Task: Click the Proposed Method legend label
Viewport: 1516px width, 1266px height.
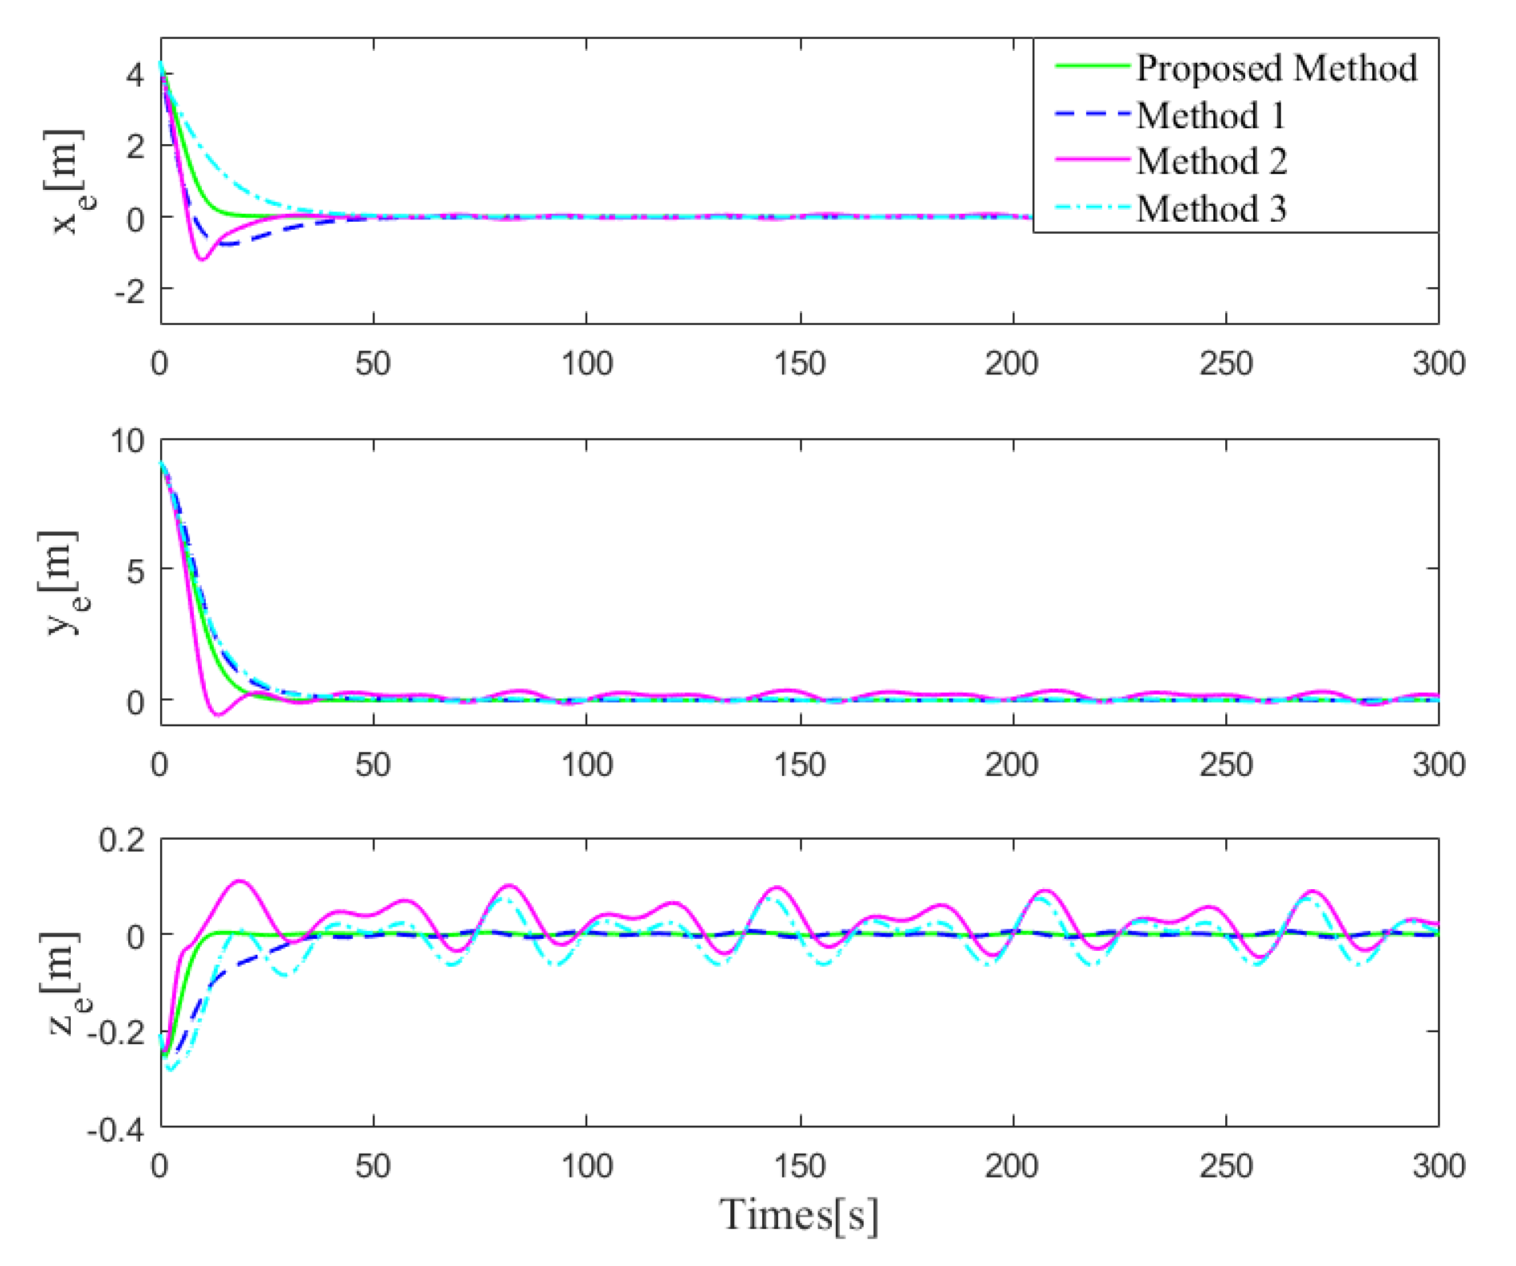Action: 1277,68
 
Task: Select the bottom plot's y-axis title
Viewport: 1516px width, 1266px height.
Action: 62,984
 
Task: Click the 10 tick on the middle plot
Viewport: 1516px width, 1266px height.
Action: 127,441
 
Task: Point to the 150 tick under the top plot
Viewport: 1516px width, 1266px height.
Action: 800,364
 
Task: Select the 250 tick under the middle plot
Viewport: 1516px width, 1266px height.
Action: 1225,765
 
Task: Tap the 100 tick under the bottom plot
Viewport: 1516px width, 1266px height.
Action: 586,1166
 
